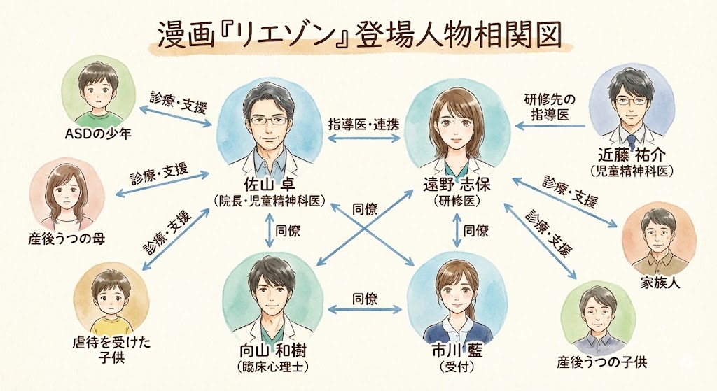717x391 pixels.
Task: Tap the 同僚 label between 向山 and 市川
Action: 366,299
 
